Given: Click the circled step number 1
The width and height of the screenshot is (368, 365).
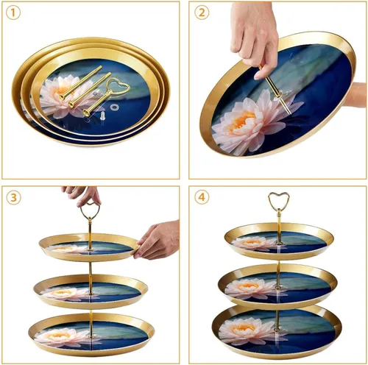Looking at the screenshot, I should (15, 14).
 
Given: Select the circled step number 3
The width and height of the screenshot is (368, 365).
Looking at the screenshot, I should (15, 198).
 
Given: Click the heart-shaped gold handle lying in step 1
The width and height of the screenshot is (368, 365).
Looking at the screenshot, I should (117, 88).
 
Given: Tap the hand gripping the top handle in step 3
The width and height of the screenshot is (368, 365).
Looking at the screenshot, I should (82, 194).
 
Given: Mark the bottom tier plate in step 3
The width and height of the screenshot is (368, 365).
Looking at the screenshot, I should (91, 334).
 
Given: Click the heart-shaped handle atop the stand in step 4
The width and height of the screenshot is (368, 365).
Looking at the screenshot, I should (278, 200).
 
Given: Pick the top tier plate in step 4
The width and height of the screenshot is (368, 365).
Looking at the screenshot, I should (278, 239).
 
